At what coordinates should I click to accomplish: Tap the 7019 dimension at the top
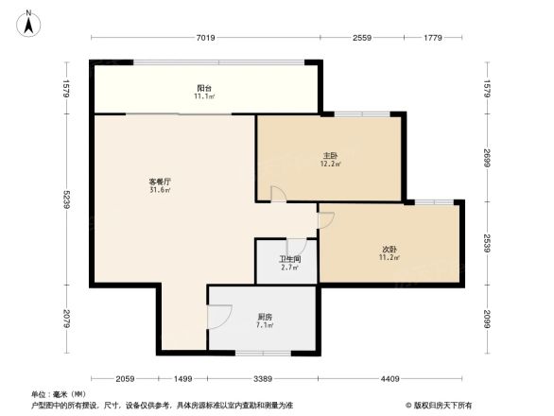[x=206, y=38]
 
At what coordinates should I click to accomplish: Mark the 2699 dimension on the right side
[x=486, y=157]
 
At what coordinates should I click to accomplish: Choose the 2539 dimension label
[x=486, y=243]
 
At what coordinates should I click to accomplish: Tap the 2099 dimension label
[x=486, y=319]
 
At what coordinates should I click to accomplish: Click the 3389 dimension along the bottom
[x=262, y=378]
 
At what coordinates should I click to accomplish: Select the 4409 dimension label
[x=389, y=378]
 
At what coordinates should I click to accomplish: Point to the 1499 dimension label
[x=182, y=378]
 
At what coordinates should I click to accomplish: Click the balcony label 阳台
[x=203, y=89]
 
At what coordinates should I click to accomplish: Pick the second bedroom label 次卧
[x=390, y=250]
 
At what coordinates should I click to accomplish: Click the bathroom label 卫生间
[x=289, y=259]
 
